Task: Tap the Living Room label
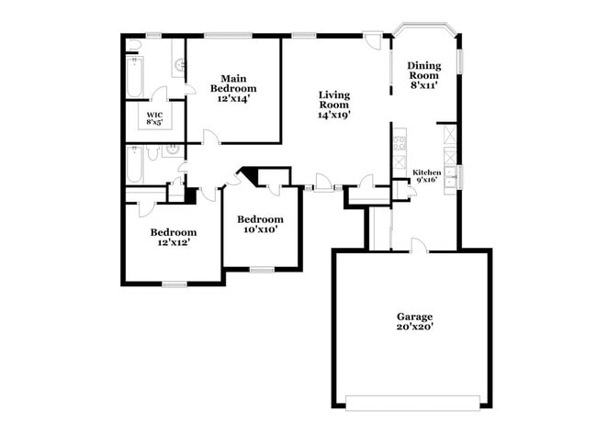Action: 333,105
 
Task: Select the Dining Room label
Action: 423,74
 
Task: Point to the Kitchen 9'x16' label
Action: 427,176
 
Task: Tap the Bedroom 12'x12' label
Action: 173,238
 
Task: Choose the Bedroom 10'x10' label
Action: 260,224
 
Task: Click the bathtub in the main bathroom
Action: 134,76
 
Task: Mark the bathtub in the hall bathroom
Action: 134,166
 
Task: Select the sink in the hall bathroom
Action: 171,151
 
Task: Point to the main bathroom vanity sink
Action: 179,65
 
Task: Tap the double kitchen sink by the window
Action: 450,175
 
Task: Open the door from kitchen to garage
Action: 418,245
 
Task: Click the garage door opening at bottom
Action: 412,401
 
